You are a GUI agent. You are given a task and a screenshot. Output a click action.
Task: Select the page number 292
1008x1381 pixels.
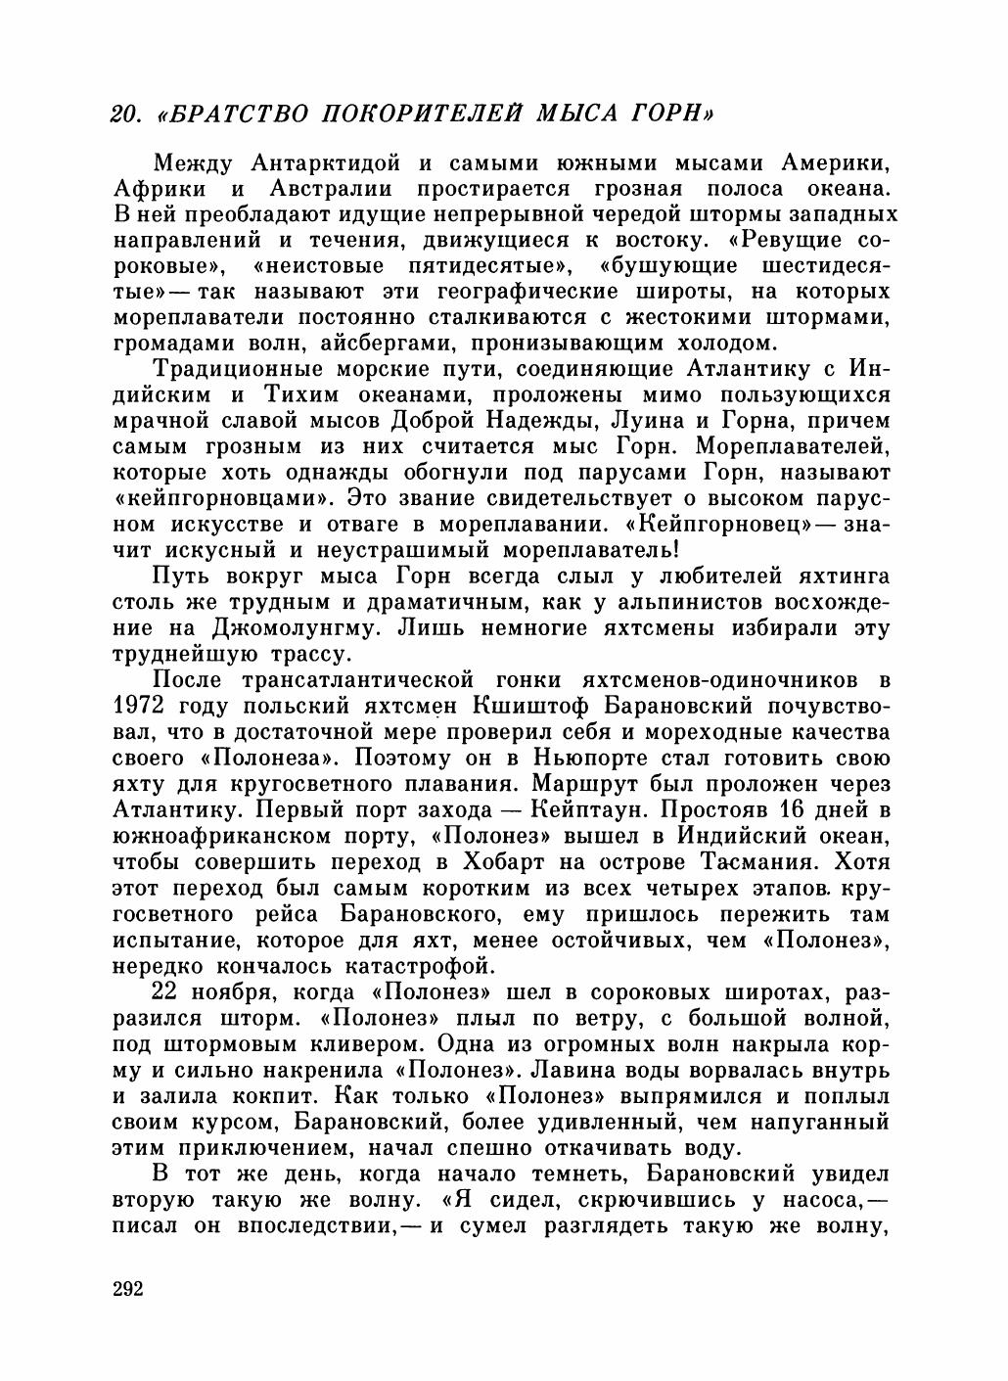pos(128,1287)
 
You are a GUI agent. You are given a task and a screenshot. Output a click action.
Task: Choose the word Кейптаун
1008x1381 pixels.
pos(586,809)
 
